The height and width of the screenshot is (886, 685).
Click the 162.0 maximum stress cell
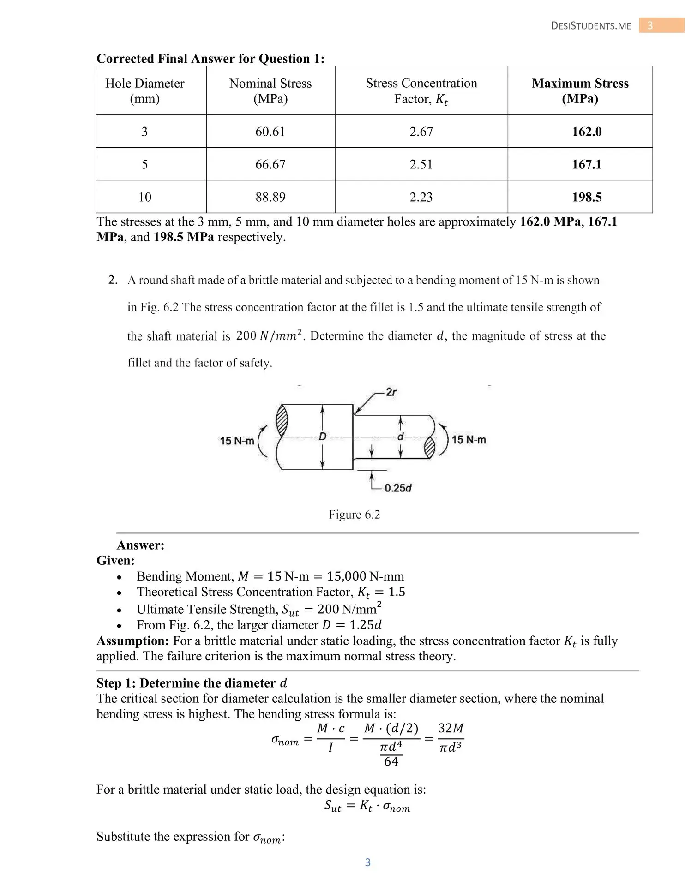(586, 132)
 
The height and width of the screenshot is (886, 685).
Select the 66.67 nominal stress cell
(270, 164)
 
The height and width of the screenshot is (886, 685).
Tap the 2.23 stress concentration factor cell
(421, 197)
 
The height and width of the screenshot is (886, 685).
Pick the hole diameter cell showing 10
(145, 197)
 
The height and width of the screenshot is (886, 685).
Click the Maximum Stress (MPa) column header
(580, 91)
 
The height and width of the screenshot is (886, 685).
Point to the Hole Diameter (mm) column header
(145, 91)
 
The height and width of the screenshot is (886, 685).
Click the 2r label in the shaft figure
(391, 392)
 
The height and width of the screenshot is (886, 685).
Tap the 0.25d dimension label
(398, 488)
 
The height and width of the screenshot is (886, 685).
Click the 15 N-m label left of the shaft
(237, 441)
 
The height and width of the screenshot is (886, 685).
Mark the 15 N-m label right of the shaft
(469, 439)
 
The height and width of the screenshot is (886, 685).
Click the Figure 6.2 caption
(354, 515)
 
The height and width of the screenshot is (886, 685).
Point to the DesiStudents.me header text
(591, 26)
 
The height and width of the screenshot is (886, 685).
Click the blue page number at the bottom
(367, 862)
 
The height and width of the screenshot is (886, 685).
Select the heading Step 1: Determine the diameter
(192, 683)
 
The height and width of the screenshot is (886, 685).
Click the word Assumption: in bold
(133, 641)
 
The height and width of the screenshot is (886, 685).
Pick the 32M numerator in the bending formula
(451, 728)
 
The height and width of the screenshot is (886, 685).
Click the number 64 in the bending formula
(391, 761)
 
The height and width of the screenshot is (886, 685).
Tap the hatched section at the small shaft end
(429, 448)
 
